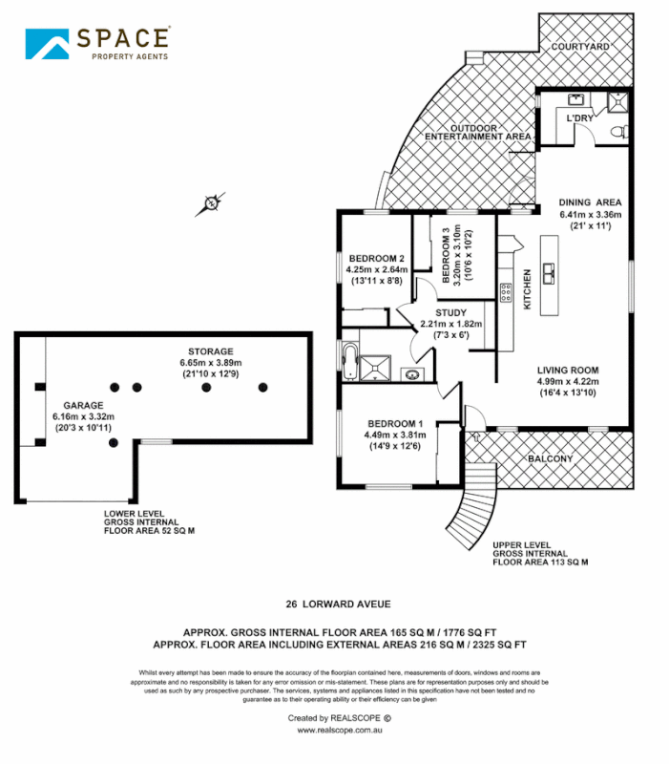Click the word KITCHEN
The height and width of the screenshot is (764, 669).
pyautogui.click(x=526, y=289)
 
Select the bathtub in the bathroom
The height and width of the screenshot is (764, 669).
pyautogui.click(x=350, y=363)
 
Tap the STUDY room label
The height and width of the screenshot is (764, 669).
pyautogui.click(x=451, y=312)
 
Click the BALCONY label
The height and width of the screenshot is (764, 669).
pyautogui.click(x=551, y=459)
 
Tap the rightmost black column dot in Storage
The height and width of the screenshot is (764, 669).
pyautogui.click(x=264, y=387)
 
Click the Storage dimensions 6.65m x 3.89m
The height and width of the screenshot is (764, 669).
pyautogui.click(x=211, y=363)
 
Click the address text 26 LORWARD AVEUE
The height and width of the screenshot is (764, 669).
pyautogui.click(x=338, y=604)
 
